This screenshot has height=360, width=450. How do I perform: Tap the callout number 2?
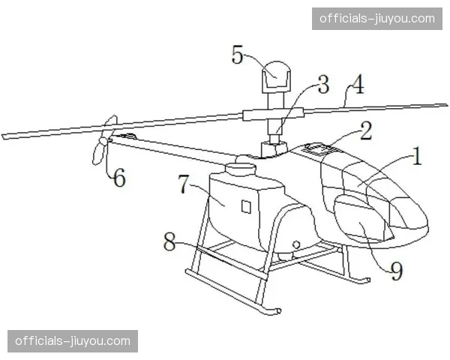366,131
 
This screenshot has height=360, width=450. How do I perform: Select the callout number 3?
323,84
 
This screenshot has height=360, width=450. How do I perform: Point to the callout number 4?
358,85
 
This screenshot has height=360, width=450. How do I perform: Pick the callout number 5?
237,55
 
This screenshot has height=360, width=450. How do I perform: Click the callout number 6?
119,177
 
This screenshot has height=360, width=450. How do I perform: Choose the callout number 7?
184,184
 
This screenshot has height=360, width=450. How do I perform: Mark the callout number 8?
169,241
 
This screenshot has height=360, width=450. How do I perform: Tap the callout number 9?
397,271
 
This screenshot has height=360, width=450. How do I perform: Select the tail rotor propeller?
104,140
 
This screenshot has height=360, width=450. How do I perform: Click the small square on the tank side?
246,206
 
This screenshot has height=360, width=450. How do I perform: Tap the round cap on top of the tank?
241,169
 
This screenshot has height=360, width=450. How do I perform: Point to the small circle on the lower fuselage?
296,244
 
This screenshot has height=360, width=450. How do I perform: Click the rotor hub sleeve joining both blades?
273,114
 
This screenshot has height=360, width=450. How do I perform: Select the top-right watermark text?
377,19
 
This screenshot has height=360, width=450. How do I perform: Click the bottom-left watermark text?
73,341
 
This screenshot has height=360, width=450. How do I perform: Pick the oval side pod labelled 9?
362,217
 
